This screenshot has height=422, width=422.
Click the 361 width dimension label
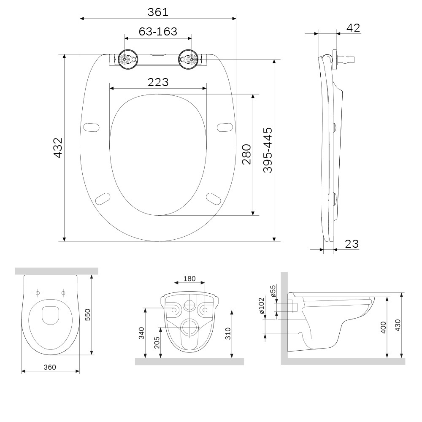158,12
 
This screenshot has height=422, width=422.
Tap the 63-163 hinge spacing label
158,32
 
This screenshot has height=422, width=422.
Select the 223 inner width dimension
158,82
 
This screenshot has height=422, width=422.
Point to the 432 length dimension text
58,147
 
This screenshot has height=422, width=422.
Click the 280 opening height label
246,154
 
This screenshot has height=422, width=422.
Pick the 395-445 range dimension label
268,150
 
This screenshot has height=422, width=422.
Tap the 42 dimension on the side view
353,28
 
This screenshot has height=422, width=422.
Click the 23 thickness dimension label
352,244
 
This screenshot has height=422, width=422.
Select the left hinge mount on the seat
128,60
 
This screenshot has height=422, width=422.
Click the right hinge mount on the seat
188,60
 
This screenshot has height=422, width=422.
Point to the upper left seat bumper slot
91,127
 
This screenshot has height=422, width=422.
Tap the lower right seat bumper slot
214,199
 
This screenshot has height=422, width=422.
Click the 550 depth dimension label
88,315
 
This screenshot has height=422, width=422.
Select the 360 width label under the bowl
50,367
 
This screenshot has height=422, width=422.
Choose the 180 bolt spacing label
189,279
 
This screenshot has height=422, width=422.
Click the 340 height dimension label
141,333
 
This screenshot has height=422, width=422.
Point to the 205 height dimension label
157,343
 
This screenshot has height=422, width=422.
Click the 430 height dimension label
398,325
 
